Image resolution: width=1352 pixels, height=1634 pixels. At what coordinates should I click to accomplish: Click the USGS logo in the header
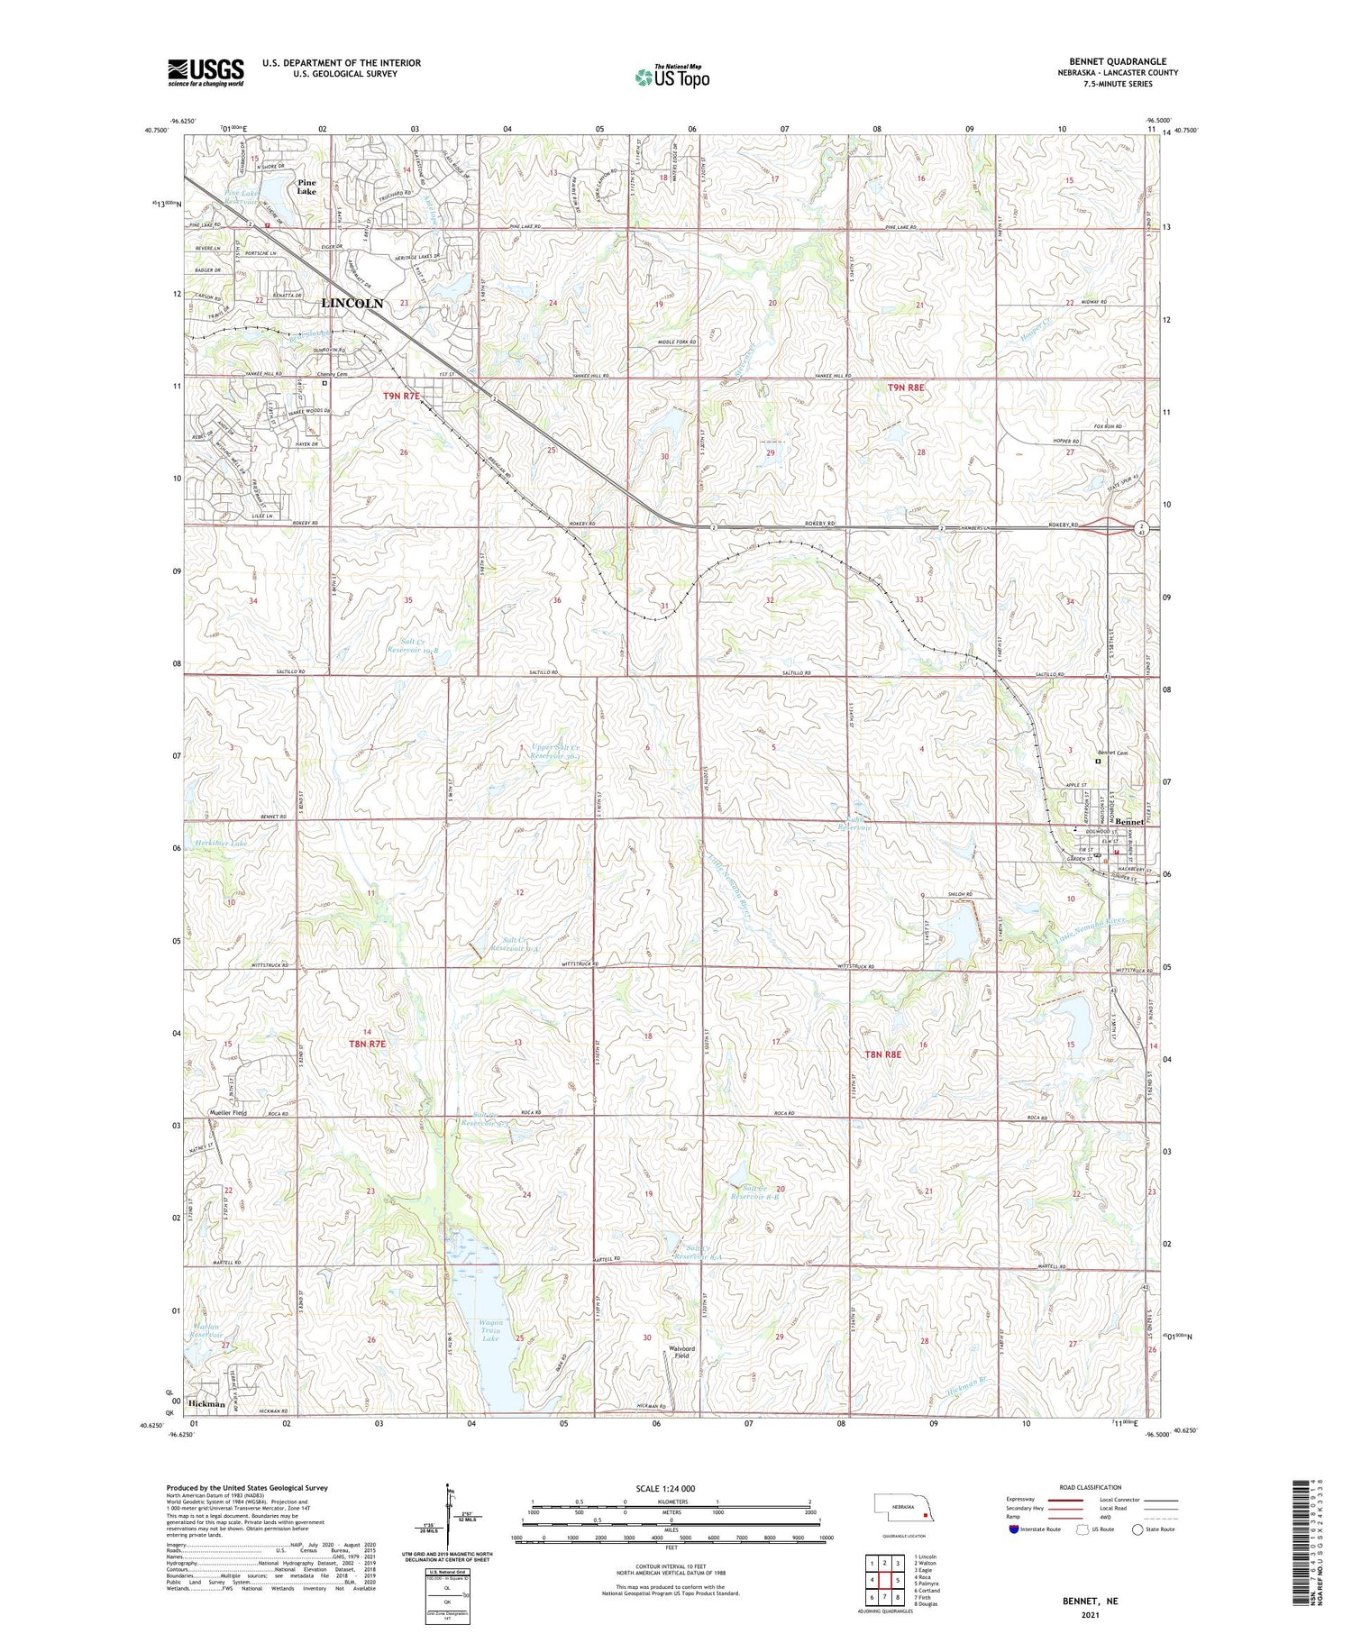tap(206, 72)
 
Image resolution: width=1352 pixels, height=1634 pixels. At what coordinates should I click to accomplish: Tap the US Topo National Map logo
tap(671, 78)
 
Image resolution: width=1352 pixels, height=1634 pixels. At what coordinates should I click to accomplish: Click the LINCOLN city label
tap(352, 304)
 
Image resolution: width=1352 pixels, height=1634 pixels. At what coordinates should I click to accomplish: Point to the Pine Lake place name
tap(307, 186)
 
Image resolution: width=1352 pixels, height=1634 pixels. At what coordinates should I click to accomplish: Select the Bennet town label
tap(1128, 822)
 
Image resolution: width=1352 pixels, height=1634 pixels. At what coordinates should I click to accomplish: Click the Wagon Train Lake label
tap(490, 1330)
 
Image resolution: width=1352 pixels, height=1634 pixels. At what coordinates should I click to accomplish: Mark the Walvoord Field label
tap(681, 1352)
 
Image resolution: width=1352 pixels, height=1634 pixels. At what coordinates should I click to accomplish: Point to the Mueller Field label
tap(227, 1113)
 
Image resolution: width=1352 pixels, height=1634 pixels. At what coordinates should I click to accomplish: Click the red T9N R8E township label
tap(906, 387)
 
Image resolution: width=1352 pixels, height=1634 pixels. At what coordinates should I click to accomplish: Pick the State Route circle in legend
tap(1137, 1529)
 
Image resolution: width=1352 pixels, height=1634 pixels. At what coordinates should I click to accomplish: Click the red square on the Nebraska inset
tap(924, 1516)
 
